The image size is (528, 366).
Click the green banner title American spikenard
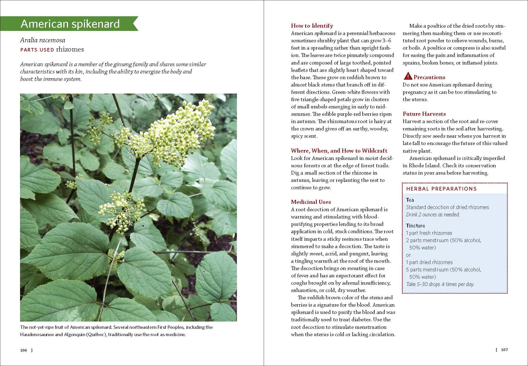(70, 24)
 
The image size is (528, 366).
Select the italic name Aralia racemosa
(43, 40)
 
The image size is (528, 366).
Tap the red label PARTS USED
(37, 50)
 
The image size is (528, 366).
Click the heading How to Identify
(312, 26)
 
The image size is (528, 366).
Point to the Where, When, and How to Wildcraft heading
(339, 151)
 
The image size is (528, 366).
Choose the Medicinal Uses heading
(311, 202)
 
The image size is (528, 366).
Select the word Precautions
(429, 77)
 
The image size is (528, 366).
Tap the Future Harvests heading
(424, 114)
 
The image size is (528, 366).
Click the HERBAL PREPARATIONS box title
(441, 189)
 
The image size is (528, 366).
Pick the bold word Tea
(410, 200)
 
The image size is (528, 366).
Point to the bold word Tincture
(415, 226)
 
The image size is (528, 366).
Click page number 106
(24, 350)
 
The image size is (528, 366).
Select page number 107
(504, 350)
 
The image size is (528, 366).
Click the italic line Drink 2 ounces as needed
(433, 214)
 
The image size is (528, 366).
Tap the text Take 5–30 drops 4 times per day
(440, 284)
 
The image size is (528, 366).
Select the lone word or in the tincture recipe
(408, 255)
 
